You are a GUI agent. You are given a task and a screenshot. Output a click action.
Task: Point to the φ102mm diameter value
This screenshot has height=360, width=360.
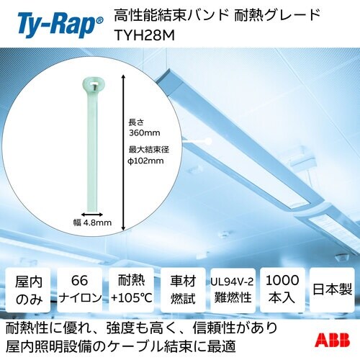146,161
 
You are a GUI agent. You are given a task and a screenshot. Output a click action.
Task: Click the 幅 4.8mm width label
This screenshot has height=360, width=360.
91,223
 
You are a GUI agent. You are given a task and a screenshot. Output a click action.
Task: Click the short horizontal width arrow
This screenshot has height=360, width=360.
91,213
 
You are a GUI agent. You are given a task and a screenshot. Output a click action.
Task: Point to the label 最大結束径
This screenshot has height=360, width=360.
146,149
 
